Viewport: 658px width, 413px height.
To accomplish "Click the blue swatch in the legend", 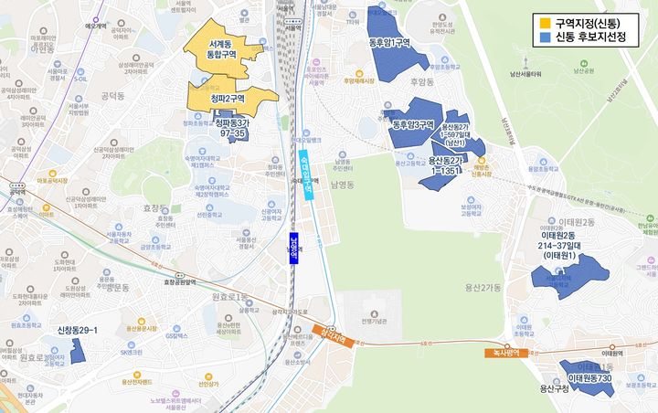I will [x=545, y=37].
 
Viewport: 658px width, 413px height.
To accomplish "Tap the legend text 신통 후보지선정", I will [x=593, y=37].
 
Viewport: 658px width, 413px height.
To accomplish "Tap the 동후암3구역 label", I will [x=412, y=125].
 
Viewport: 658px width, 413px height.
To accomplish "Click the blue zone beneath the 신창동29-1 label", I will [x=77, y=351].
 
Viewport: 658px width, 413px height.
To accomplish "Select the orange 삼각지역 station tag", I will [x=330, y=334].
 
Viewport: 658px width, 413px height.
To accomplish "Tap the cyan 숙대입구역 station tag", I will [x=305, y=173].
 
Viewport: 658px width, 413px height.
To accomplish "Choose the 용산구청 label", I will [x=554, y=388].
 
